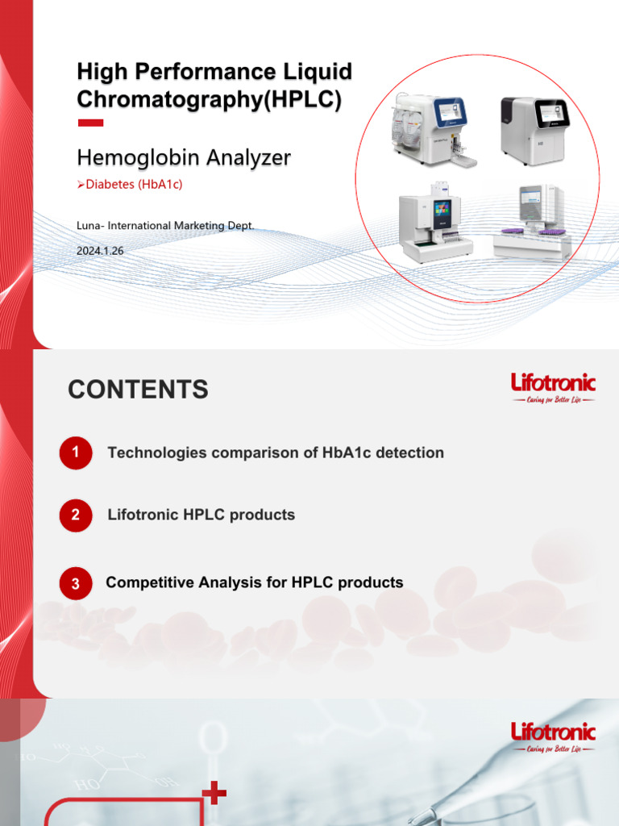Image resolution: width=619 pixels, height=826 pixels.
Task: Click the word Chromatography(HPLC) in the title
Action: coord(210,99)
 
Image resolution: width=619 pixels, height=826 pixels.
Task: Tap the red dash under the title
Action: coord(90,123)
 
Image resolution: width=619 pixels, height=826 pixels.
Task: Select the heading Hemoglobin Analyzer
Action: coord(183,156)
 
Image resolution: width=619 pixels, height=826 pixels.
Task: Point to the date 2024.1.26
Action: coord(100,251)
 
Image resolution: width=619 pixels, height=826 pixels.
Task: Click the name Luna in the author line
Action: coord(89,226)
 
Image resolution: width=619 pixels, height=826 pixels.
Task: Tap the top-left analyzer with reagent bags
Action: coord(428,129)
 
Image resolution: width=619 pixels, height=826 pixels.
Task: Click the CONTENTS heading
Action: coord(138,390)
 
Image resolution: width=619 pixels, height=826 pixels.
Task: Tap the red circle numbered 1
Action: coord(76,453)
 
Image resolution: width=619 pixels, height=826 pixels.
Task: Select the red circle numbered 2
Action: coord(76,515)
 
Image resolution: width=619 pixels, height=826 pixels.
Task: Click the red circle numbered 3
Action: coord(76,584)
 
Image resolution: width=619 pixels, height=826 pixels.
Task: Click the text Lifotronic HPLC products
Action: coord(201,515)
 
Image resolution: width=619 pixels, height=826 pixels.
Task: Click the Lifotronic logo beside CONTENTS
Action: coord(553,387)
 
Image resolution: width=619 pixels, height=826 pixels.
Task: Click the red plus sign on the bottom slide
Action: coord(214,794)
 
